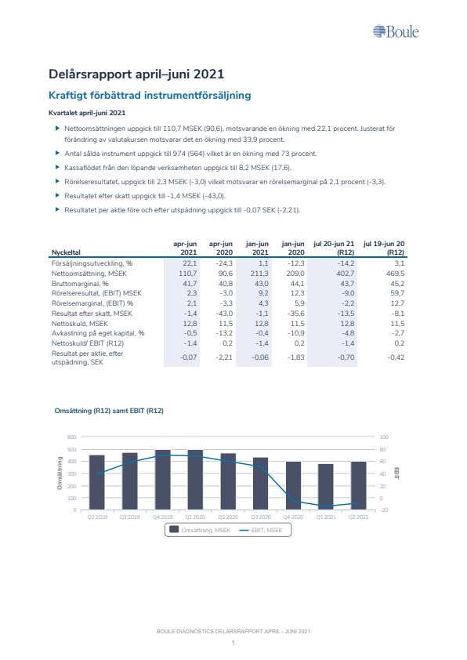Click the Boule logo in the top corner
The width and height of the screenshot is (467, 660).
(x=396, y=31)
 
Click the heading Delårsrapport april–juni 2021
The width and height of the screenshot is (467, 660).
(x=136, y=74)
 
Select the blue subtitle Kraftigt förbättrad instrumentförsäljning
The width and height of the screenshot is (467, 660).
(x=150, y=95)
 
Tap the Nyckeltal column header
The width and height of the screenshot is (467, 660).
(x=66, y=252)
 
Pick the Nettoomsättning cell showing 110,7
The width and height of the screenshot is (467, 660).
(x=187, y=274)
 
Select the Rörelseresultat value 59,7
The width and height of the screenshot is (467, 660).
(x=397, y=293)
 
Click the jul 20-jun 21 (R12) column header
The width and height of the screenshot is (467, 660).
(x=334, y=248)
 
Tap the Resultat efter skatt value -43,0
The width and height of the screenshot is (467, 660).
(x=224, y=314)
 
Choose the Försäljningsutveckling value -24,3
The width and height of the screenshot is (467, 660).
(x=224, y=263)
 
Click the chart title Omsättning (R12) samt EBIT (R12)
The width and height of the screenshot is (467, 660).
(x=109, y=411)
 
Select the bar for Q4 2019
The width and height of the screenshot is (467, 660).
(x=163, y=480)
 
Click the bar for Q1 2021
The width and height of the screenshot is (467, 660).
(x=326, y=487)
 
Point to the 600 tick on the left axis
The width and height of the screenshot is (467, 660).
(x=72, y=437)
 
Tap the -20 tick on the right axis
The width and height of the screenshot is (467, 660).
(x=384, y=510)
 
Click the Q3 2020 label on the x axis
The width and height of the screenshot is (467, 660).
(x=261, y=517)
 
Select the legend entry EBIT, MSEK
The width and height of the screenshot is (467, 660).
(x=261, y=531)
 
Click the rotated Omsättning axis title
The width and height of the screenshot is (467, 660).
(x=60, y=473)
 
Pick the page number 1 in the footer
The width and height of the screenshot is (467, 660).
(x=233, y=643)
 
